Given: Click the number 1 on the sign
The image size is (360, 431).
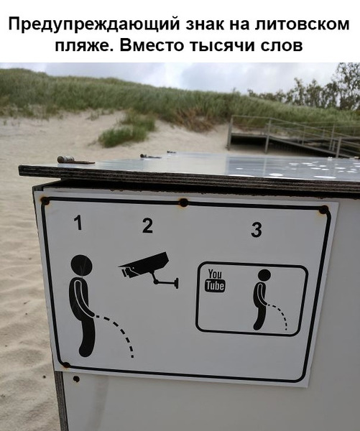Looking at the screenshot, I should (x=78, y=224).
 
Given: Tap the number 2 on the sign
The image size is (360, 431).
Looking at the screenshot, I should (x=147, y=226).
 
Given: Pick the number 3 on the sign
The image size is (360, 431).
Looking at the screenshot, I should (x=257, y=231).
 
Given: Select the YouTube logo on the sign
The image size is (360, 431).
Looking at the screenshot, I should (x=215, y=281).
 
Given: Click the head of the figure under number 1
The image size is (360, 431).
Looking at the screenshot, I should (x=81, y=266).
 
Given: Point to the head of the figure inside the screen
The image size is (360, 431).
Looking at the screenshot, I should (x=264, y=276).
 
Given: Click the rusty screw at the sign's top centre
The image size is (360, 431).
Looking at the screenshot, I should (x=183, y=203).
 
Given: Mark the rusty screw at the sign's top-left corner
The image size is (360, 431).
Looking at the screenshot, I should (x=45, y=200).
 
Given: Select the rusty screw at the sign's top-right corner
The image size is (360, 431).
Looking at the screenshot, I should (x=324, y=210).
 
